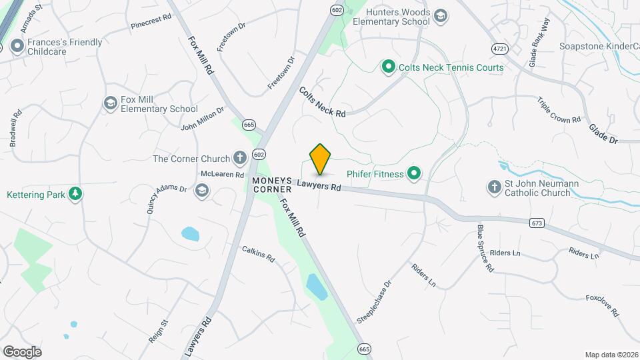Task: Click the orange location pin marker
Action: (x=320, y=159)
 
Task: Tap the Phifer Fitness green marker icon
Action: (x=414, y=174)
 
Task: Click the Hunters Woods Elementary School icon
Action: (x=440, y=15)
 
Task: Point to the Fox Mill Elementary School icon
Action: (x=110, y=103)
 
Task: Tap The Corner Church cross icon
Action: (x=240, y=158)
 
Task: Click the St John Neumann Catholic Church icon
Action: (x=494, y=187)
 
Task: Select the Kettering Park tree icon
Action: (x=76, y=194)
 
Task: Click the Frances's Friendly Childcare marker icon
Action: (x=17, y=47)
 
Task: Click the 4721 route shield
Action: (x=499, y=49)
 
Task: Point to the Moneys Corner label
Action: (x=272, y=185)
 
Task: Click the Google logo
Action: (x=22, y=351)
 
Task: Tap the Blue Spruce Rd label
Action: (x=485, y=248)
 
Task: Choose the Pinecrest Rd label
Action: (x=151, y=22)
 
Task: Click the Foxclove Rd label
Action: (x=603, y=305)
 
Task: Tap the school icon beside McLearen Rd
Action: (x=201, y=191)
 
